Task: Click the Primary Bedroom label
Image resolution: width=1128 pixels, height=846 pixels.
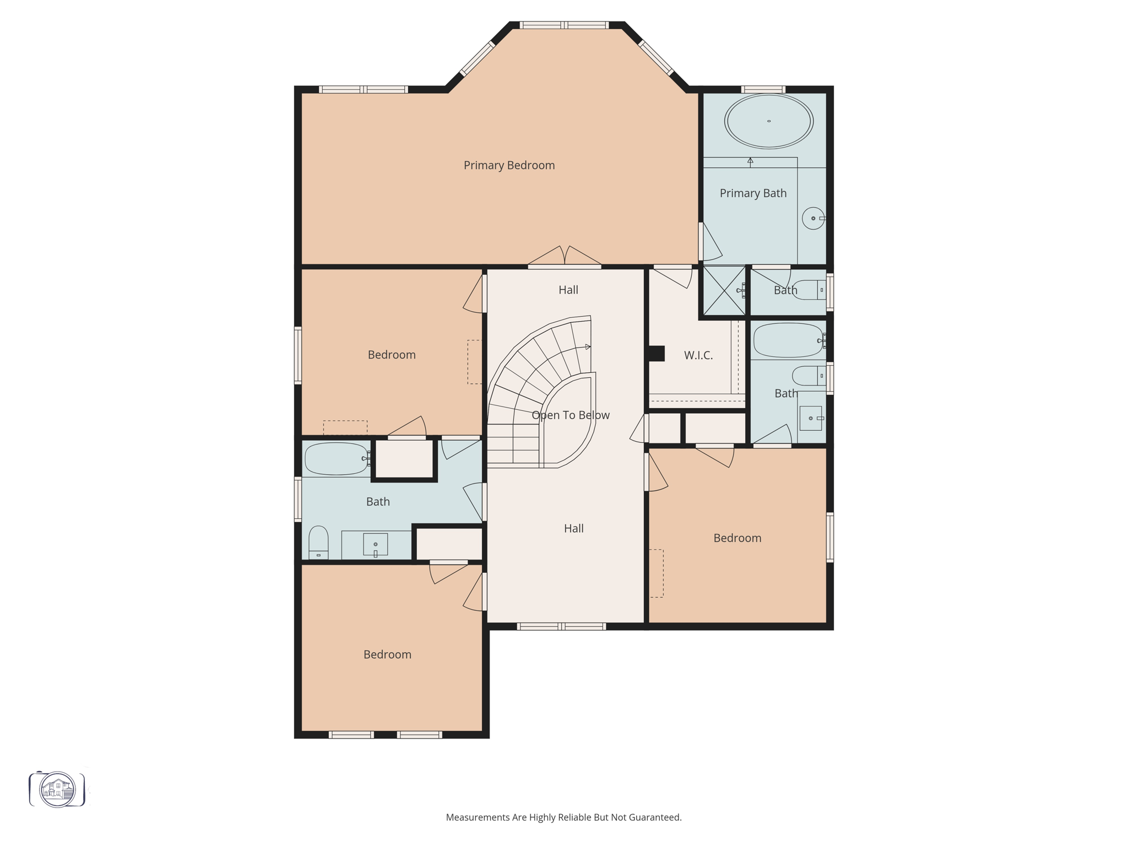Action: pos(509,165)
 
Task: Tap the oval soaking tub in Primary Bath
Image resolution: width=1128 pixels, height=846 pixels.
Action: pos(768,121)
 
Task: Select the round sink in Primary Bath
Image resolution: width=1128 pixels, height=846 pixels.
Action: pos(813,218)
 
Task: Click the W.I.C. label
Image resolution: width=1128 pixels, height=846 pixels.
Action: pos(698,356)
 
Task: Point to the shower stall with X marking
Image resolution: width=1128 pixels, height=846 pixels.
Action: pos(724,291)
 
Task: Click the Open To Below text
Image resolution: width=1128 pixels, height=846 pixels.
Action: pos(570,415)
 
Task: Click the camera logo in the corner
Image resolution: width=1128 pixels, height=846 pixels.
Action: pos(57,789)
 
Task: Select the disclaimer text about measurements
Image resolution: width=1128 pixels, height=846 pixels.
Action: pos(563,817)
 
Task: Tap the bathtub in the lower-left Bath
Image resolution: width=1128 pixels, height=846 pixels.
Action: pos(337,458)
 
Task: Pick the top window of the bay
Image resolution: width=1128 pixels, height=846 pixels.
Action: pos(564,25)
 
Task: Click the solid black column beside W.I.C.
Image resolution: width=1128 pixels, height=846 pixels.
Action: pos(657,353)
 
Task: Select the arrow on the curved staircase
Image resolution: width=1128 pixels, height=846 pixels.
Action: pos(587,347)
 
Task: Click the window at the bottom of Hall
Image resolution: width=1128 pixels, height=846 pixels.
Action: pos(561,626)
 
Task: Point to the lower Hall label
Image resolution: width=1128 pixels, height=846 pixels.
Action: pos(573,529)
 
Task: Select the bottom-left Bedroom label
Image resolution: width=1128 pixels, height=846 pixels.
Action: pos(387,654)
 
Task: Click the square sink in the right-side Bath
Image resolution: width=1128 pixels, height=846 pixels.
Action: pos(810,418)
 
